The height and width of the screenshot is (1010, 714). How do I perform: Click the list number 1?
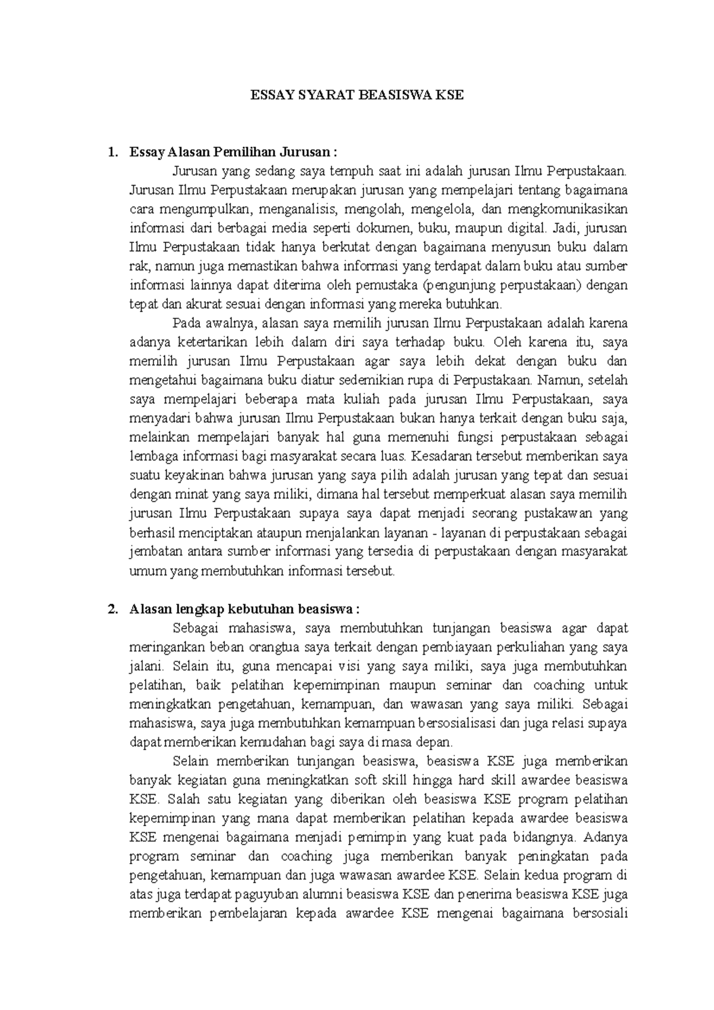click(x=111, y=152)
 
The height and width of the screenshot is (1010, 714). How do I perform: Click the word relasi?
click(x=558, y=724)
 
